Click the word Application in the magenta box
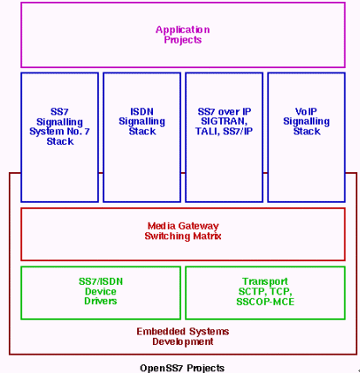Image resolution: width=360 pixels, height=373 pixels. tap(183, 30)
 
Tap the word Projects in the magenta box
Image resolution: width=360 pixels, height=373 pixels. tap(183, 39)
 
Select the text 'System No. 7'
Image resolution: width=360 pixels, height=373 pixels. tap(59, 132)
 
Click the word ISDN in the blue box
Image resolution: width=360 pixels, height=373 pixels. tap(142, 112)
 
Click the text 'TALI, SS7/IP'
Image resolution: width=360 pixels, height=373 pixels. tap(224, 131)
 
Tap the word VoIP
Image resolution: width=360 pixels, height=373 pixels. tap(306, 112)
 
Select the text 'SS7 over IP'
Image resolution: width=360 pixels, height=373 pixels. tap(225, 112)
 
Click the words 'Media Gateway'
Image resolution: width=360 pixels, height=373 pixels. tap(183, 226)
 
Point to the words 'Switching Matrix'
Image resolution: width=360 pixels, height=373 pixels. tap(183, 236)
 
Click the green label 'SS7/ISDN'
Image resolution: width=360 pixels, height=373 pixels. tap(100, 281)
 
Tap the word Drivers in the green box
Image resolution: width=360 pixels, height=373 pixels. tap(100, 300)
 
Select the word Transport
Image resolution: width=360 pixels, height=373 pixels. tap(265, 281)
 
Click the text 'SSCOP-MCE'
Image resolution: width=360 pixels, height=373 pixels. tap(266, 301)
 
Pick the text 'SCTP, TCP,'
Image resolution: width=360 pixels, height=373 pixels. tap(266, 292)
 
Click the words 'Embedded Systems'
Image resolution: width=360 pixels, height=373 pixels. tap(183, 331)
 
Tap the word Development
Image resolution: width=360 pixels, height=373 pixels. tap(183, 342)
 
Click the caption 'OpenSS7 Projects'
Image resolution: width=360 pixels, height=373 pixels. tap(183, 368)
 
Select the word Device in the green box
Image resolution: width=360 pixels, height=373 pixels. tap(100, 291)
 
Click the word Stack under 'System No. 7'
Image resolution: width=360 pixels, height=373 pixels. tap(60, 142)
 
